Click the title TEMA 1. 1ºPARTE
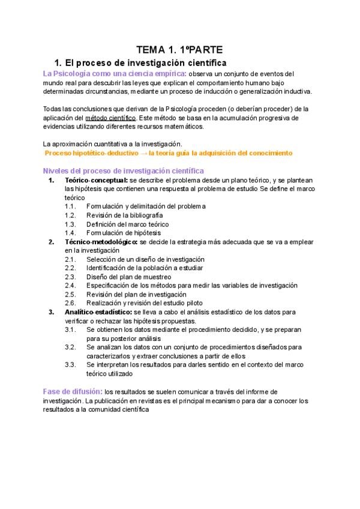179,50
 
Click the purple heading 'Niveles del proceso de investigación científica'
124,171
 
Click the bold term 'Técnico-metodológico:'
101,242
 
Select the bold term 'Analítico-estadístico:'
99,313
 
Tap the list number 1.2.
70,215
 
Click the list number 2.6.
70,304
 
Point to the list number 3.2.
70,348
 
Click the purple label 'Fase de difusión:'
73,392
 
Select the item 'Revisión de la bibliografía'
124,215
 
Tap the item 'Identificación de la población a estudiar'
144,268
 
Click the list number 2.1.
70,259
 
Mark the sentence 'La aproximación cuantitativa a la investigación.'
112,144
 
